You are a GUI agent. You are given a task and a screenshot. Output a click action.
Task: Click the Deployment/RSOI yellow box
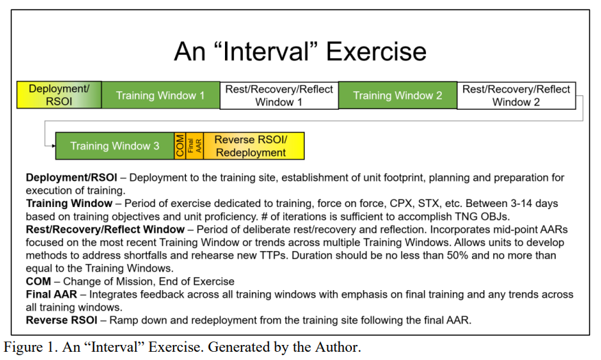coord(60,95)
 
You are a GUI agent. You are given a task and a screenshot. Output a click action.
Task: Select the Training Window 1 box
coord(161,95)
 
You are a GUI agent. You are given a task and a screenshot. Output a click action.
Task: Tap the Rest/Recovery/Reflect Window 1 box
coord(279,95)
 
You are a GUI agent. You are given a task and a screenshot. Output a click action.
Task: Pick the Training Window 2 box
coord(398,95)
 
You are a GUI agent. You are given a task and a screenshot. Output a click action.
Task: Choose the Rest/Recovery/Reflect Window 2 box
coord(517,95)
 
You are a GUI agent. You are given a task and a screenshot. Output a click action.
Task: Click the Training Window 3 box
coord(115,146)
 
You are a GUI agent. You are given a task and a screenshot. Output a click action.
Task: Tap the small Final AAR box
coord(195,146)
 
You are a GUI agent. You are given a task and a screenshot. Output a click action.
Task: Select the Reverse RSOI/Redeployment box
coord(254,146)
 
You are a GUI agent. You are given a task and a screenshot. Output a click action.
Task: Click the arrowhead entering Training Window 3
coord(54,146)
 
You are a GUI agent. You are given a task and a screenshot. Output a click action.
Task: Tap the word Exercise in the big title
coord(376,51)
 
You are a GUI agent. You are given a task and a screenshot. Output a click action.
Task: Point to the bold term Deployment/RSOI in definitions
coord(71,178)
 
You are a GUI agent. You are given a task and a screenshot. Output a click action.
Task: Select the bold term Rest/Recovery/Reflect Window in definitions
coord(106,230)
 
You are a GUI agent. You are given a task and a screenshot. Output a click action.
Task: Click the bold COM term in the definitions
coord(38,282)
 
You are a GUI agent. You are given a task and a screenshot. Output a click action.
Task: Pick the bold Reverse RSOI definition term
coord(62,320)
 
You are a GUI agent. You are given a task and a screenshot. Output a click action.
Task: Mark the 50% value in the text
coord(458,256)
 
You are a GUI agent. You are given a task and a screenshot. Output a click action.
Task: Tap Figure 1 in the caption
coord(29,347)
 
